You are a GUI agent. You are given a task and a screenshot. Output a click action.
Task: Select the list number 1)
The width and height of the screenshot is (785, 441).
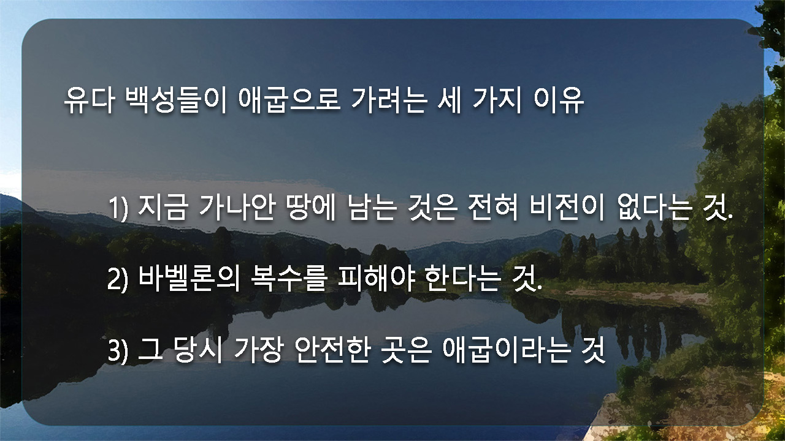(x=118, y=209)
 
